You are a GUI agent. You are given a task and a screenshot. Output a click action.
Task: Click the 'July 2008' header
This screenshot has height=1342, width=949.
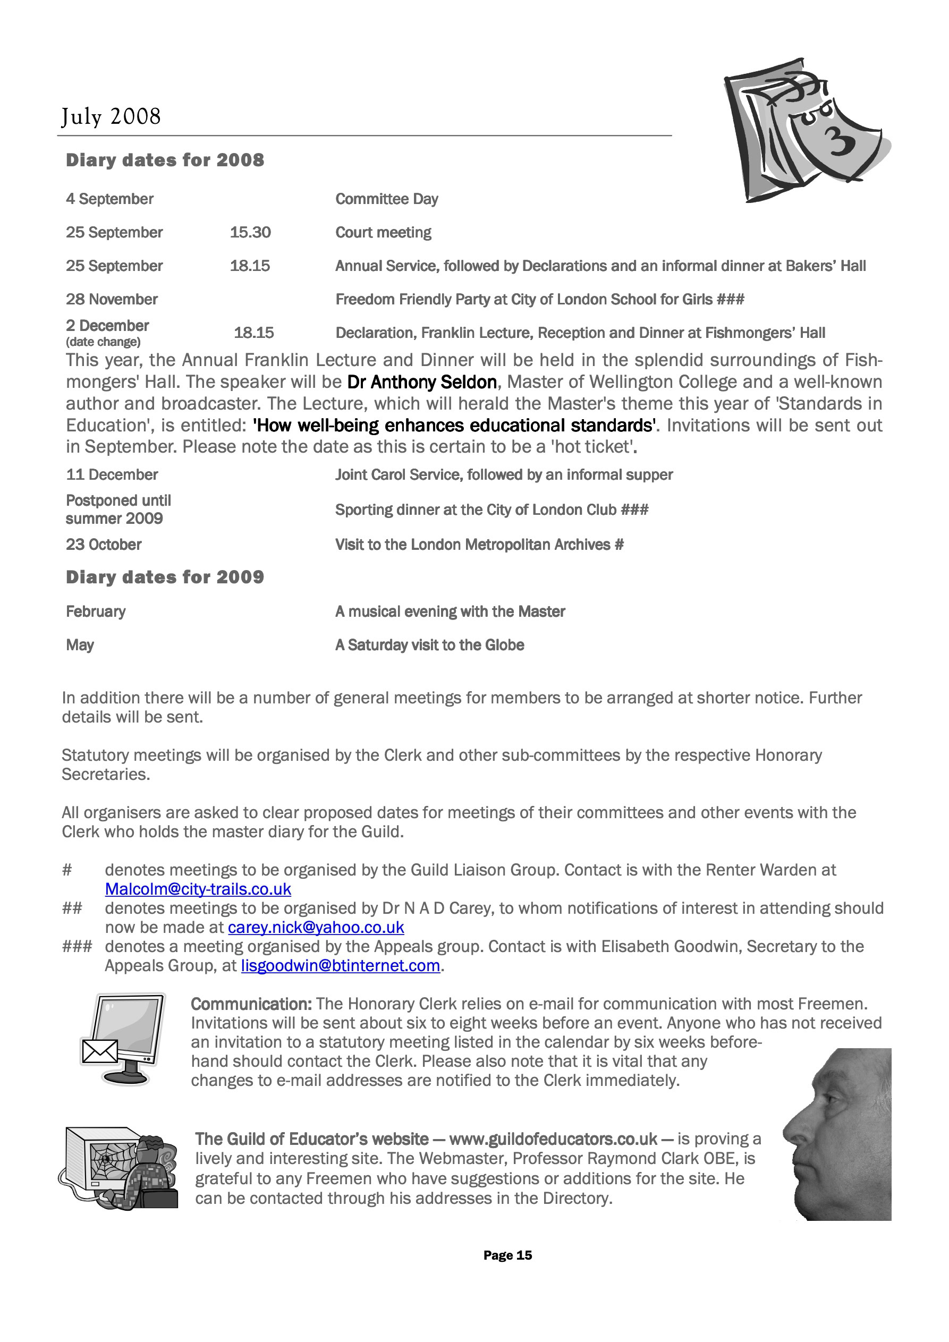pos(111,116)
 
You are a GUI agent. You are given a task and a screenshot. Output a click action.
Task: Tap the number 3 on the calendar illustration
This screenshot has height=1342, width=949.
pos(840,140)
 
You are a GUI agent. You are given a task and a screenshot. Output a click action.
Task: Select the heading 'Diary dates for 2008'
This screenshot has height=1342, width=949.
pos(165,160)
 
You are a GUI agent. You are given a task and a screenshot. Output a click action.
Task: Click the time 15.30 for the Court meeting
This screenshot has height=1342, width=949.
pos(250,233)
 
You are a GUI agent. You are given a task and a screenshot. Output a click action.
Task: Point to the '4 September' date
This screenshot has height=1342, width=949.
pos(109,199)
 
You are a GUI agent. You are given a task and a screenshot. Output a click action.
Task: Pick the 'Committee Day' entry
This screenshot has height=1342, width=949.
pos(386,199)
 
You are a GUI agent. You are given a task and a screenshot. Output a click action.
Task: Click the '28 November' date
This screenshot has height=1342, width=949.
pos(112,300)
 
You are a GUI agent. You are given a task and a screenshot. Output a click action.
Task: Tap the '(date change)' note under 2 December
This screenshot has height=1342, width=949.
pos(103,342)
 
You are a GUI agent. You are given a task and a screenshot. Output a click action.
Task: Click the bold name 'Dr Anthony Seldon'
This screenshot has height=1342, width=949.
pos(421,383)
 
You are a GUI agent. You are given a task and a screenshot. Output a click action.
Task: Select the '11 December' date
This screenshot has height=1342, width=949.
pos(112,474)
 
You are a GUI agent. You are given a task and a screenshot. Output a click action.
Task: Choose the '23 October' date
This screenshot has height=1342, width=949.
pos(104,545)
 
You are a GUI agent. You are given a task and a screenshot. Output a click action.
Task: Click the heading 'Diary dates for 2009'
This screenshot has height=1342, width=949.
pos(165,577)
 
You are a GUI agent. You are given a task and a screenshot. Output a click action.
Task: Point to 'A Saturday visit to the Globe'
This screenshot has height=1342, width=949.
pos(429,645)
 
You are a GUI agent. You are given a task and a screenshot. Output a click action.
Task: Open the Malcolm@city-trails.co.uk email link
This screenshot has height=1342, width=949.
pos(198,889)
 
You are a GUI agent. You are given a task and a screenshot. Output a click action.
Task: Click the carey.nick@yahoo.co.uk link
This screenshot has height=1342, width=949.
pos(316,928)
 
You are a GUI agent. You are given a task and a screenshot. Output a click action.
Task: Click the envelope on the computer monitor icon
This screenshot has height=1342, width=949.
pos(100,1051)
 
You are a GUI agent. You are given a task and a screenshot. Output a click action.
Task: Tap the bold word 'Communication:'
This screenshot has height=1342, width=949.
pos(251,1004)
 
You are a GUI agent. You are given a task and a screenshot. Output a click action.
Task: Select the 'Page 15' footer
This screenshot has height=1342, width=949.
pos(507,1255)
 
